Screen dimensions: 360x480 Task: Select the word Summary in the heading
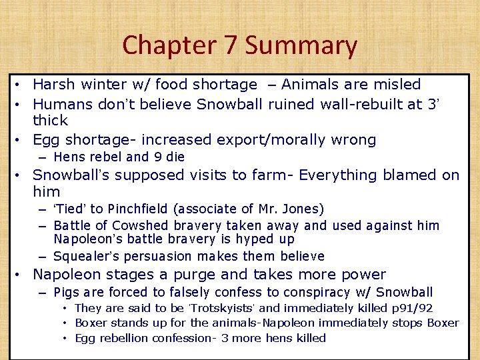(x=301, y=45)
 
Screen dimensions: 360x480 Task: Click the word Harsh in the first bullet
(x=54, y=85)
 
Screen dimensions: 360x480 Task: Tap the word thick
(x=51, y=121)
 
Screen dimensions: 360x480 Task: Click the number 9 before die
(x=157, y=157)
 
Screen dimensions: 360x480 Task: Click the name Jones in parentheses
(x=301, y=209)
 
